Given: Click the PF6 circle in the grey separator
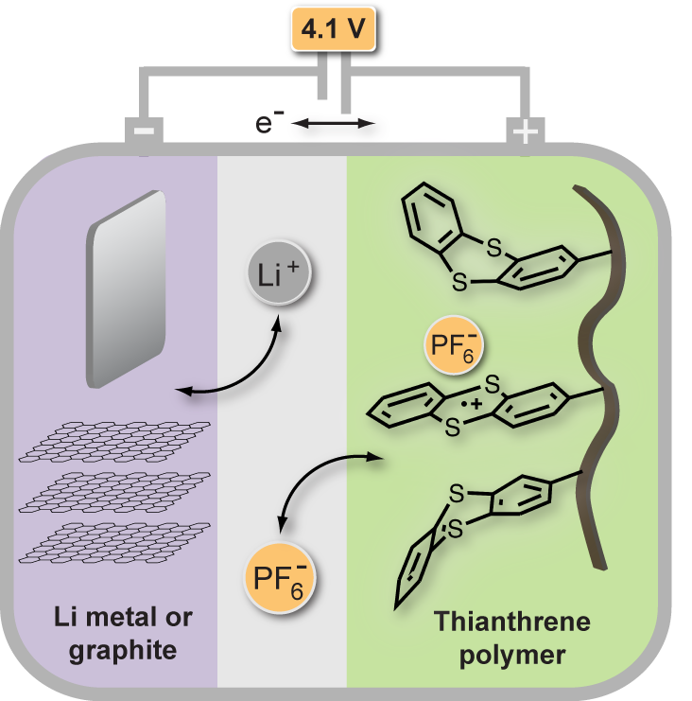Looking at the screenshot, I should coord(280,575).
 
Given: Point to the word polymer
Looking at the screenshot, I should coord(510,654).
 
